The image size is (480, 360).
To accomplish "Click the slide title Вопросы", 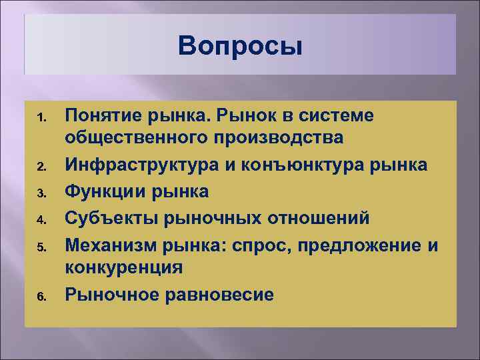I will [x=240, y=47].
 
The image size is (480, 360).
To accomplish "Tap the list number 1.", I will [x=40, y=117].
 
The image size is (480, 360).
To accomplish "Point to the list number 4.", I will [x=40, y=219].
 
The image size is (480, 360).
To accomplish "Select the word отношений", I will [x=317, y=217].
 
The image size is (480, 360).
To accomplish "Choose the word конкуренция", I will [x=123, y=269].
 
